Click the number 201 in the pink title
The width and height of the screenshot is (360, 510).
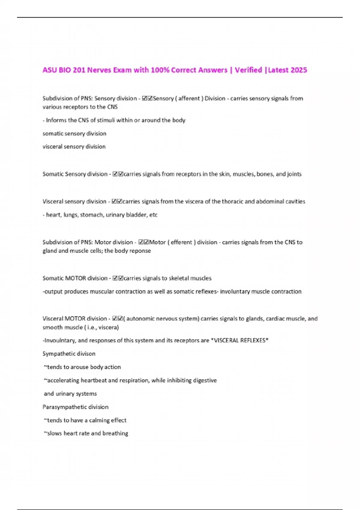pos(79,70)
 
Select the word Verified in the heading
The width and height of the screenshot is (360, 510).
pos(248,70)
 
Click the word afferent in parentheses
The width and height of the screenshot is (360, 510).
pos(189,98)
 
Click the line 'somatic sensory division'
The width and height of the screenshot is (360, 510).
pos(74,133)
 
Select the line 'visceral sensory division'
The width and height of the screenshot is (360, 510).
pos(74,147)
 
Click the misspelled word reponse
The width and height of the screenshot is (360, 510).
pos(140,251)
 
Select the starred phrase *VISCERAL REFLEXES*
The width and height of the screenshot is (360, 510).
pos(240,340)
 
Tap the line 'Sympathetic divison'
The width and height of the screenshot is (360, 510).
pos(69,354)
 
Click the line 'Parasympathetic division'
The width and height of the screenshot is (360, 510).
pos(76,407)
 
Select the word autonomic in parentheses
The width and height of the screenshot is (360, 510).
pos(143,319)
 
